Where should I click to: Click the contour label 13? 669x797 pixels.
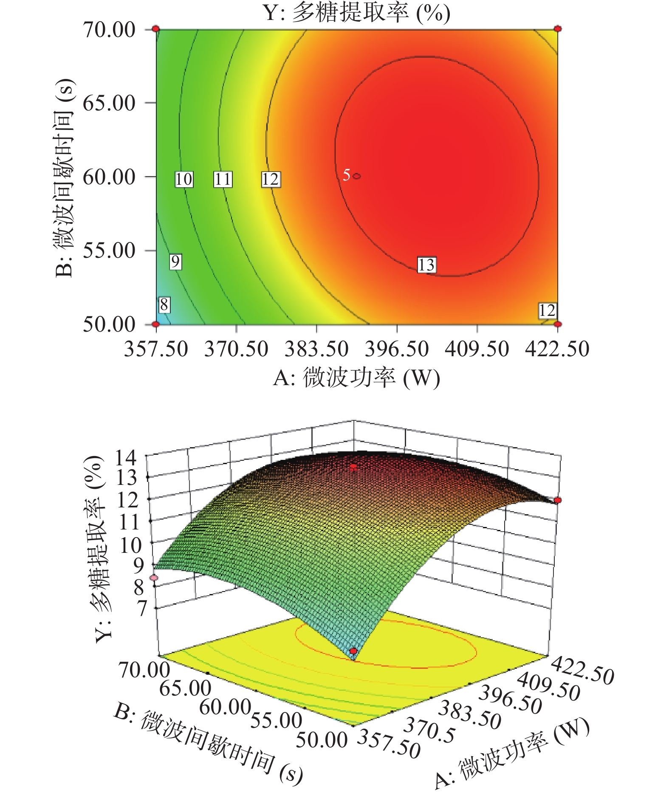[x=426, y=265]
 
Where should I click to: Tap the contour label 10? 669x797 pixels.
[x=184, y=179]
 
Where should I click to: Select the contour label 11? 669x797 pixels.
[x=223, y=179]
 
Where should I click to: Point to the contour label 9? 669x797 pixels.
[x=175, y=261]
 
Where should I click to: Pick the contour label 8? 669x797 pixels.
[x=164, y=304]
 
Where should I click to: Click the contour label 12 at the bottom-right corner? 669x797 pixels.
[x=547, y=310]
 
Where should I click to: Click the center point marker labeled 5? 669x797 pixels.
[x=356, y=176]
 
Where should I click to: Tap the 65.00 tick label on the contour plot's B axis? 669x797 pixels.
[x=109, y=103]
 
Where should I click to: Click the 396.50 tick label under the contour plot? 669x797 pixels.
[x=397, y=349]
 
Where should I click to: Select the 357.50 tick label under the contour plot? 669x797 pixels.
[x=156, y=349]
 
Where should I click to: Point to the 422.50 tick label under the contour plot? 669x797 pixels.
[x=557, y=349]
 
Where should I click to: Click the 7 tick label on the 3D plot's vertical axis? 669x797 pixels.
[x=141, y=608]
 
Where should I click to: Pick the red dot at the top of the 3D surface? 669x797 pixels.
[x=353, y=467]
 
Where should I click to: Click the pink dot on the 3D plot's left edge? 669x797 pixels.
[x=154, y=577]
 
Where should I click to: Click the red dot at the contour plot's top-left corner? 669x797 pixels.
[x=156, y=29]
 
